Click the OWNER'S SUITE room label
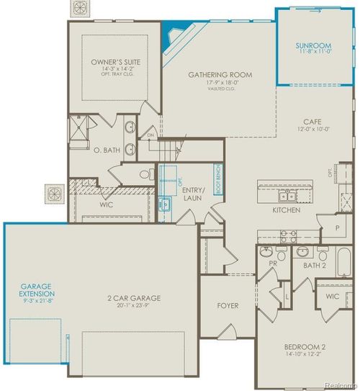click(115, 63)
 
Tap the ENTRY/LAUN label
click(193, 192)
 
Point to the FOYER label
click(228, 305)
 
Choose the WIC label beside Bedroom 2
click(332, 296)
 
